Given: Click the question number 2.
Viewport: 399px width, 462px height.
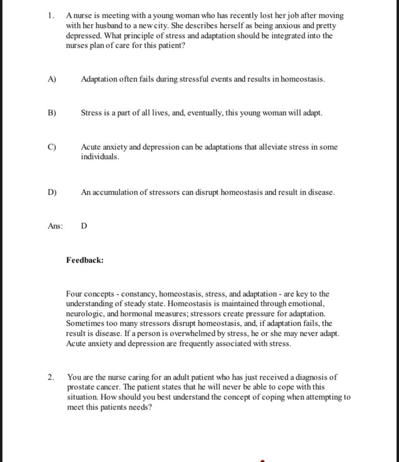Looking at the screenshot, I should pyautogui.click(x=51, y=377).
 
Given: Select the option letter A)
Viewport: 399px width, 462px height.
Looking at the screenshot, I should pyautogui.click(x=52, y=79).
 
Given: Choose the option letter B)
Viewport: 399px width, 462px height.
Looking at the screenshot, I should pyautogui.click(x=52, y=113).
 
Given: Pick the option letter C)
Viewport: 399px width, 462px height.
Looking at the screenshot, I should pyautogui.click(x=52, y=147).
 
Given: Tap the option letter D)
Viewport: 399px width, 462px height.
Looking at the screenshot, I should pyautogui.click(x=52, y=192).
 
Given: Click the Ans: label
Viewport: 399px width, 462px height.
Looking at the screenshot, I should pyautogui.click(x=55, y=226).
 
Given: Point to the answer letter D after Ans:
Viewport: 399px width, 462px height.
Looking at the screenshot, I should pyautogui.click(x=84, y=226).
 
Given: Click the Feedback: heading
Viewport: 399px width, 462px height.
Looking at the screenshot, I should pyautogui.click(x=85, y=260).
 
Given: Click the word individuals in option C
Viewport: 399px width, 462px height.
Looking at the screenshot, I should pyautogui.click(x=100, y=157).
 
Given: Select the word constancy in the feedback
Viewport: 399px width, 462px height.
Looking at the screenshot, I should pyautogui.click(x=138, y=294).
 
